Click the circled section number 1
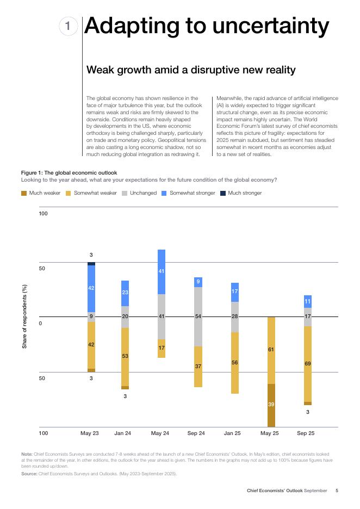[x=67, y=27]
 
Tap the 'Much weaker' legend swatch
[x=24, y=193]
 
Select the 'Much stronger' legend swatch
[x=222, y=193]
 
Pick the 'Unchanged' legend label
[x=143, y=193]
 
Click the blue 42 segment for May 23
[x=91, y=288]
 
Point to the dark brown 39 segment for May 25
[x=271, y=405]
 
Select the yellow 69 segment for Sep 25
[x=307, y=364]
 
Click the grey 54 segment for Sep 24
[x=198, y=316]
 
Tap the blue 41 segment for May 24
[x=162, y=271]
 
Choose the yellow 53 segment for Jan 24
[x=125, y=357]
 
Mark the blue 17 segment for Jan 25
[x=234, y=292]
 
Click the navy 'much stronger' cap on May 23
[x=91, y=264]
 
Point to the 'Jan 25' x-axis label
[x=232, y=433]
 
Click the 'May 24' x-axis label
[x=160, y=433]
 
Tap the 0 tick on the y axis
[x=40, y=323]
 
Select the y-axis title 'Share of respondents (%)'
[x=24, y=316]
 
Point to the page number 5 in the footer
[x=337, y=491]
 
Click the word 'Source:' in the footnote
[x=29, y=474]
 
